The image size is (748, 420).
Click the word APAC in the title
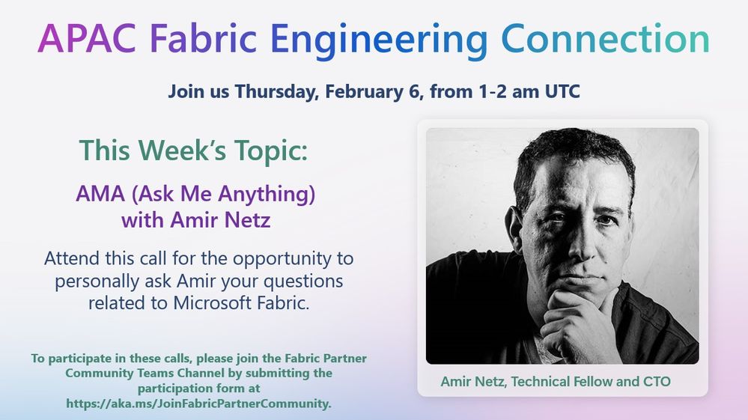(x=87, y=38)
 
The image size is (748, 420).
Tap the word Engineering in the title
(x=380, y=41)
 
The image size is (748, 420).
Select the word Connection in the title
(x=606, y=38)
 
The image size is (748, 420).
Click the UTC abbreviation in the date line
(x=562, y=91)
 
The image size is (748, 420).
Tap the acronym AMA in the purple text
(x=100, y=194)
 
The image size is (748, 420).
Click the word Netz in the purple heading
(x=247, y=220)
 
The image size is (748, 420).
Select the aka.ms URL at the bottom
(x=198, y=404)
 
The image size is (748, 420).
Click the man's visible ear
(x=516, y=229)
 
